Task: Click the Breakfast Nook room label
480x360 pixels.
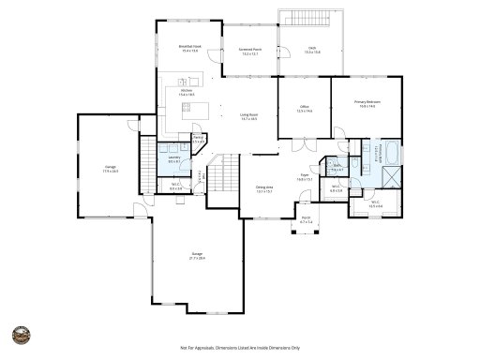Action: coord(191,48)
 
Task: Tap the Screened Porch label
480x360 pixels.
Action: coord(248,52)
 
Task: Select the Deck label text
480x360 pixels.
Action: coord(311,51)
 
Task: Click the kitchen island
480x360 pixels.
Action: coord(195,109)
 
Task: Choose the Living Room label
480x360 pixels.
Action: coord(248,117)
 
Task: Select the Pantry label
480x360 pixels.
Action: coord(198,139)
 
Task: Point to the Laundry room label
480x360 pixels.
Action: coord(173,159)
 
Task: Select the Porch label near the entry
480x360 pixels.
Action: coord(305,222)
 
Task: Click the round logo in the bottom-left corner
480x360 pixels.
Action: coord(19,336)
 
